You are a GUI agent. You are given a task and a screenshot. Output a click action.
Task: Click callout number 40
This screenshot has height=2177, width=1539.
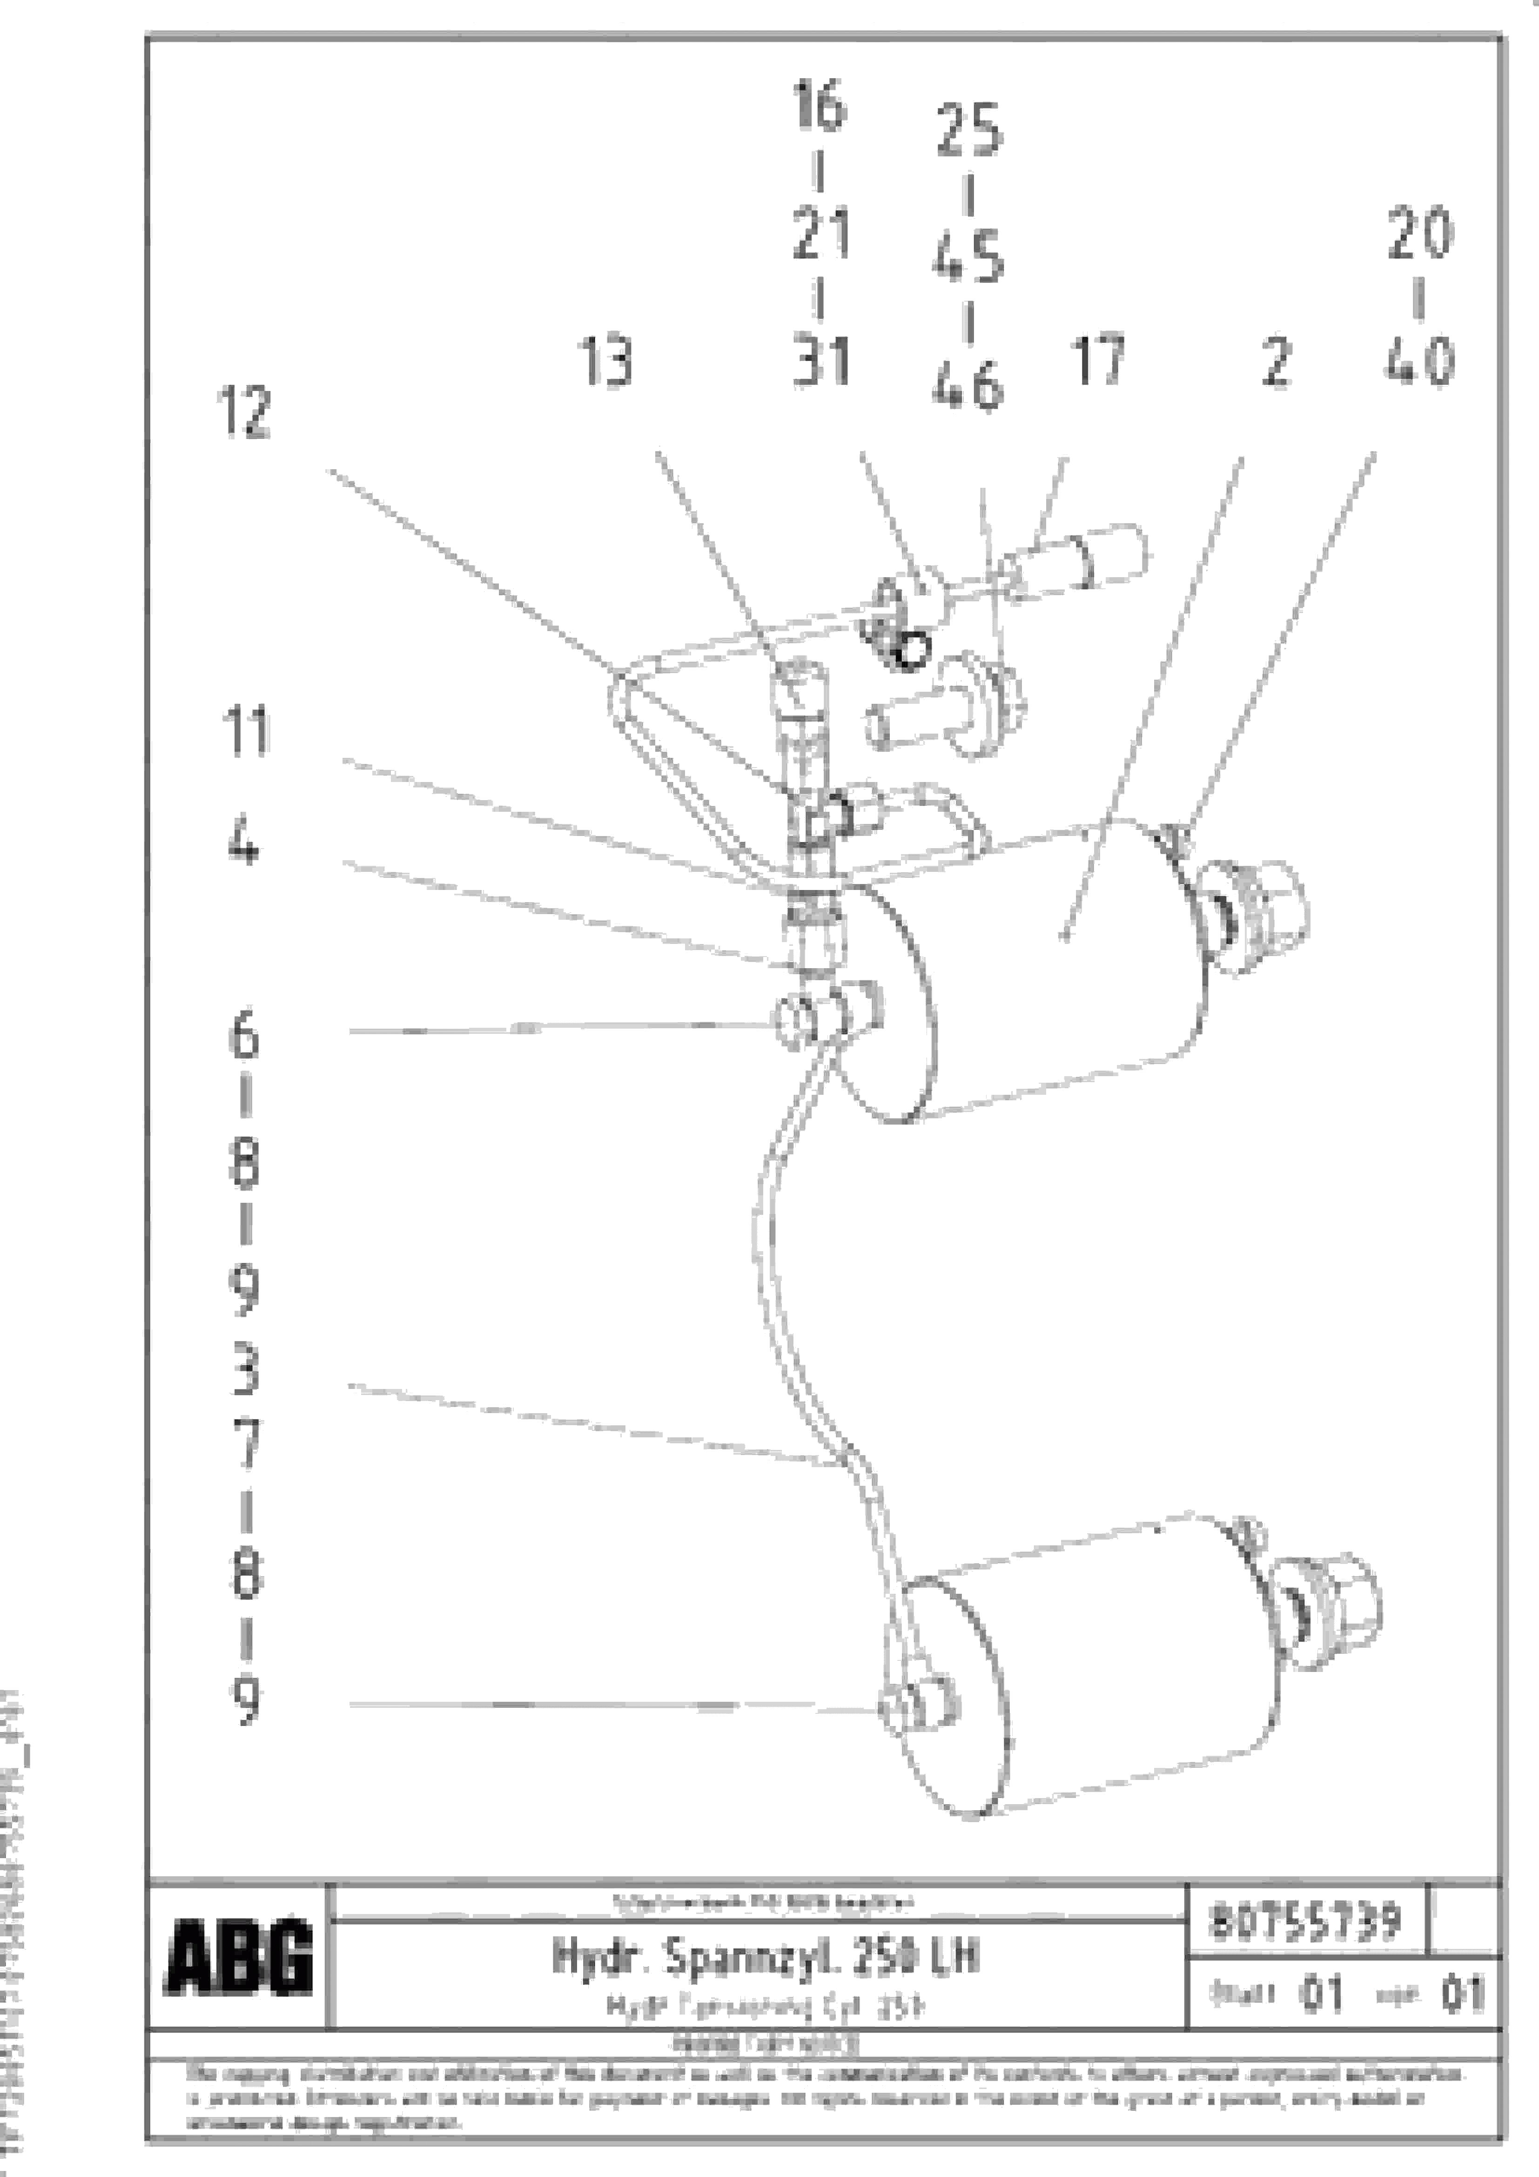point(1418,361)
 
